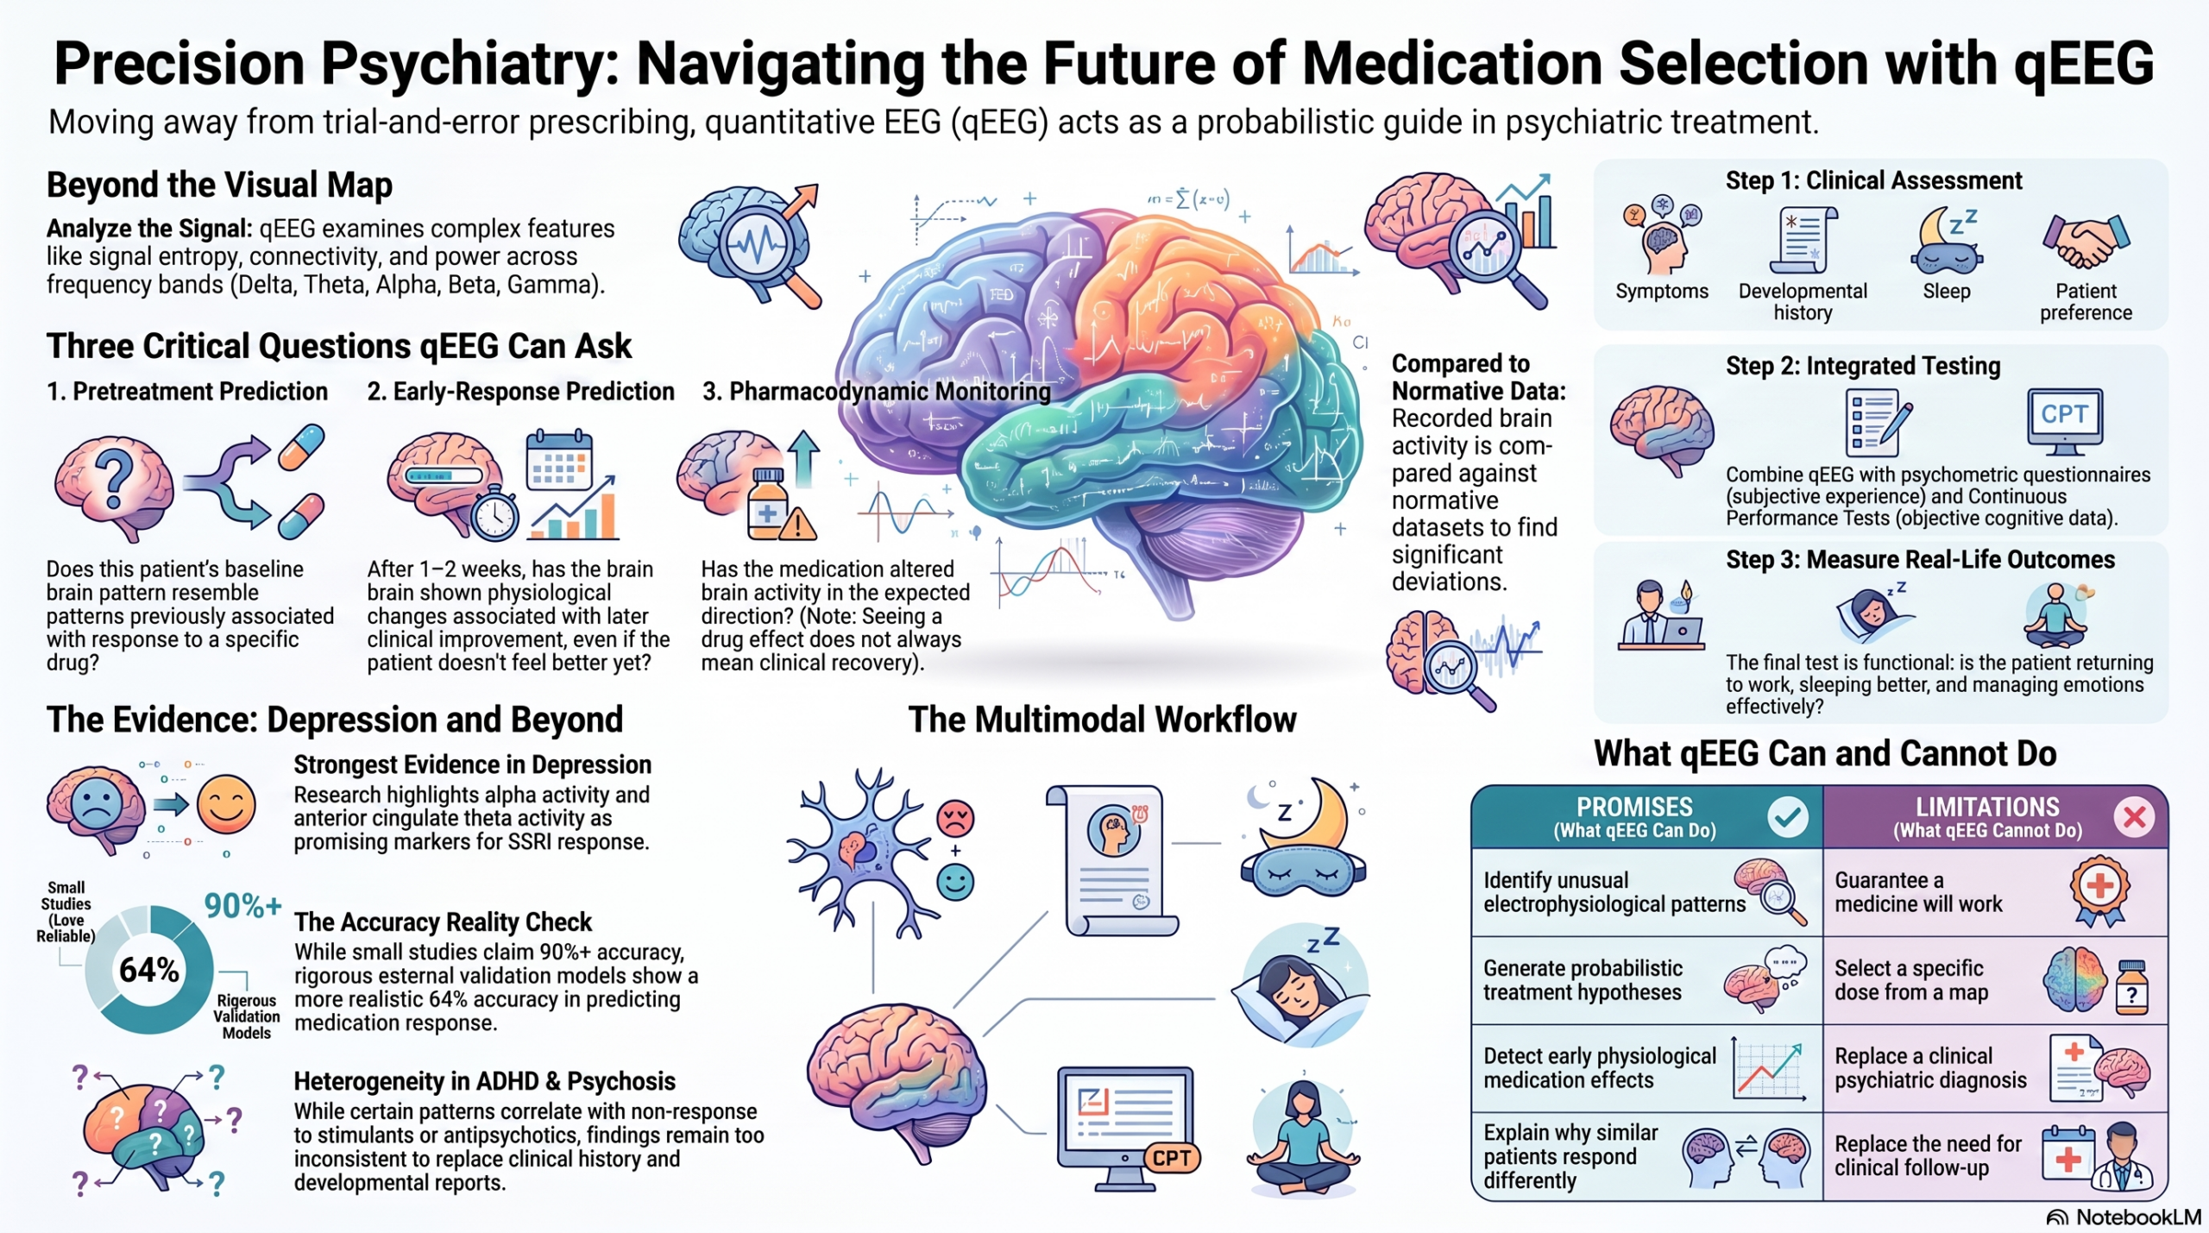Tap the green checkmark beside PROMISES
1787,816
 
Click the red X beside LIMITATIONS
2135,816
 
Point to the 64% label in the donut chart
149,970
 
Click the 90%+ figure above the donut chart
242,905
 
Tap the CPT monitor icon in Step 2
2064,422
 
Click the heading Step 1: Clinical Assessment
1873,180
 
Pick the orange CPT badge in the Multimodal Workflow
1172,1158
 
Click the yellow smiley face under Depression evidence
226,804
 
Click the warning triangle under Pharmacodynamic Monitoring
798,523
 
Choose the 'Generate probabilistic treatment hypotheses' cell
1646,980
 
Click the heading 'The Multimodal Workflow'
1102,720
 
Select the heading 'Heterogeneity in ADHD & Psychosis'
484,1081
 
